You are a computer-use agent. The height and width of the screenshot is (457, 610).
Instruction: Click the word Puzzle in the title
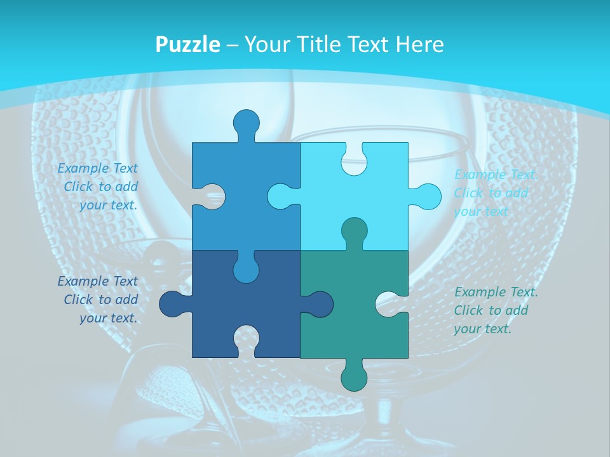coord(188,44)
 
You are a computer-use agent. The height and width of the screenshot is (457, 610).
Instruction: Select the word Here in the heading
coord(419,44)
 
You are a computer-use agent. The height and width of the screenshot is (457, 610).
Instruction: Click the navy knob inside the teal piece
coord(318,304)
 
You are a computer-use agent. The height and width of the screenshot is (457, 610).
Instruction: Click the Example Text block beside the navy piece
coord(98,300)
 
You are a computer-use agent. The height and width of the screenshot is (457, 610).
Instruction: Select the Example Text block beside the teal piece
coord(496,310)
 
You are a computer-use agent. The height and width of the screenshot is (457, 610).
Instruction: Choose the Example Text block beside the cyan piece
coord(496,193)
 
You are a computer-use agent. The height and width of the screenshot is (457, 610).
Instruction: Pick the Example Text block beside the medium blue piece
coord(98,187)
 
